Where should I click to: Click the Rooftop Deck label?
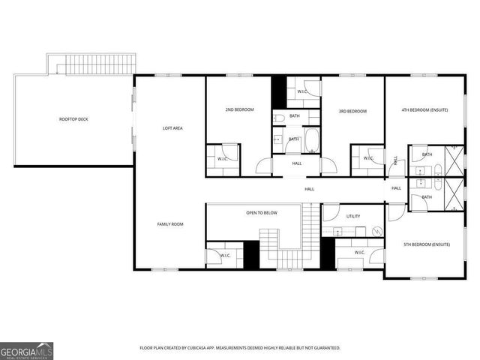(x=73, y=119)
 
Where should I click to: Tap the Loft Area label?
(x=173, y=128)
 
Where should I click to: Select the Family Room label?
(x=170, y=224)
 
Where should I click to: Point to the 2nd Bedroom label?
(x=239, y=110)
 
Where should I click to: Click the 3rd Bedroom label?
(x=352, y=112)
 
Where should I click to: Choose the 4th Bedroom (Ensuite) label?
(x=424, y=110)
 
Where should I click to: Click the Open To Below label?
(x=262, y=213)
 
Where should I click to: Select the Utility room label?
(x=353, y=216)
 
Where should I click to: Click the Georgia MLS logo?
(x=26, y=350)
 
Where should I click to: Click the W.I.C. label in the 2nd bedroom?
(x=223, y=159)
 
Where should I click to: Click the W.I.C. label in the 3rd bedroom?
(x=368, y=158)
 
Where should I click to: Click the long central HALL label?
(x=309, y=189)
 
